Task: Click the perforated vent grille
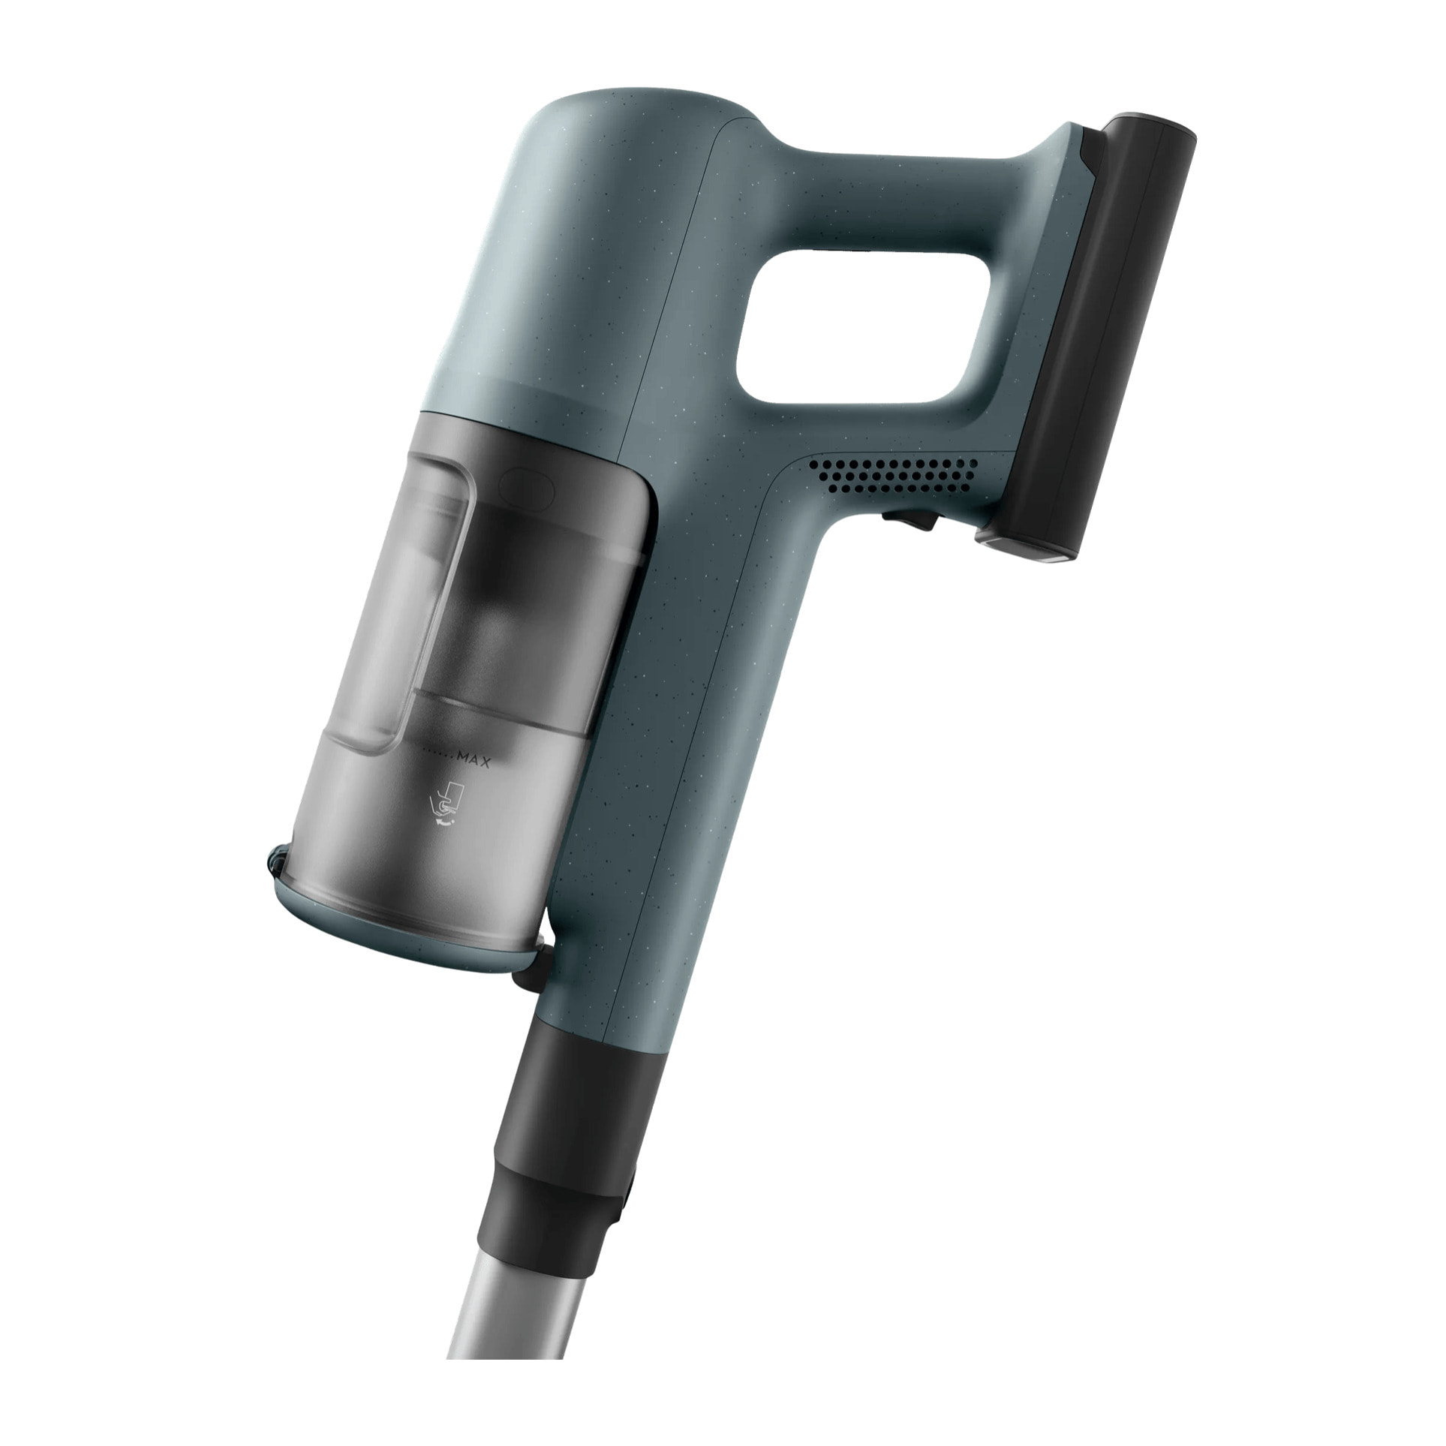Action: click(x=894, y=475)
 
